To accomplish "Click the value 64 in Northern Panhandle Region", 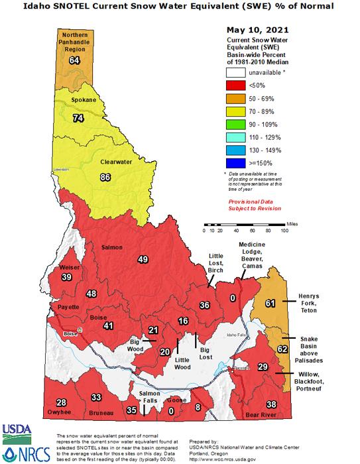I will (x=74, y=61).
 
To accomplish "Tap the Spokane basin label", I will (x=84, y=100).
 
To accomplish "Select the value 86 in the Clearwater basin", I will (x=105, y=178).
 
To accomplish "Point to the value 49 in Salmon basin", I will (x=143, y=259).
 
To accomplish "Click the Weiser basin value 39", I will (x=66, y=277).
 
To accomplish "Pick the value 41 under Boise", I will (x=108, y=325).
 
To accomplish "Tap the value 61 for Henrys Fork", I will (x=270, y=303).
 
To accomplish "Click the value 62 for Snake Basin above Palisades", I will (x=282, y=349).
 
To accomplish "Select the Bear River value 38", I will (x=270, y=404).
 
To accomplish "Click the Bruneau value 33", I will (x=96, y=397).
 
